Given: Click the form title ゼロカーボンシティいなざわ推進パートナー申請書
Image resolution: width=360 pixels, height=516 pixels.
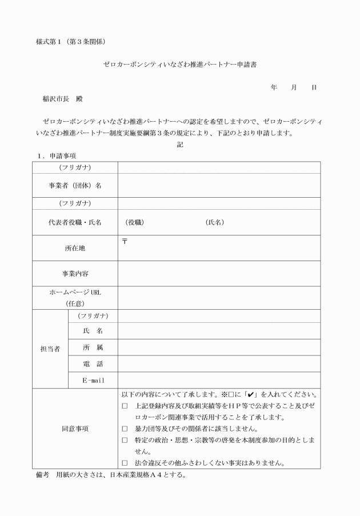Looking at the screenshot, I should click(179, 65).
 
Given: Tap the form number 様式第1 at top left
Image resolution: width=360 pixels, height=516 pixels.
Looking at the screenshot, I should click(51, 42).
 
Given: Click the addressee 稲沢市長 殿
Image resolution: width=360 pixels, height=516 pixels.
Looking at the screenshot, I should click(62, 98).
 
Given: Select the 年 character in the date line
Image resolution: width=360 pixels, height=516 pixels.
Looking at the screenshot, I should click(274, 87).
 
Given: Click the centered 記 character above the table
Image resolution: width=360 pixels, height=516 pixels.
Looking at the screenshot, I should click(180, 145).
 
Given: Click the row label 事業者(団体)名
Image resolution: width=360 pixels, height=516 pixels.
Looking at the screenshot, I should click(75, 185).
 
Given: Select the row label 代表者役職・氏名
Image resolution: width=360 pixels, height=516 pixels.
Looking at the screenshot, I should click(75, 222).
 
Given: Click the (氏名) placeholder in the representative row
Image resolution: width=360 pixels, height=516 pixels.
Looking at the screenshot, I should click(214, 222).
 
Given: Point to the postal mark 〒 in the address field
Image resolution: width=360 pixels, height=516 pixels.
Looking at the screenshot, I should click(125, 242).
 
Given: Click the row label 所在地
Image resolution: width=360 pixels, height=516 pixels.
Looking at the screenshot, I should click(75, 249).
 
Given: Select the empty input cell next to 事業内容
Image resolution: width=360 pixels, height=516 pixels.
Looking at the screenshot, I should click(219, 274).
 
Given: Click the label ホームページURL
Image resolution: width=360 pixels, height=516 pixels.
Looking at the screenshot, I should click(75, 292).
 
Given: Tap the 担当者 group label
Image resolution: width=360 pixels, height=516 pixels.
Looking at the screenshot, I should click(50, 349).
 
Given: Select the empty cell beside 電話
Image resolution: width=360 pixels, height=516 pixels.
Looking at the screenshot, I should click(219, 363).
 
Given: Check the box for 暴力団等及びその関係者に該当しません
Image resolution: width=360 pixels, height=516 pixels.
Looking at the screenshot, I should click(125, 429).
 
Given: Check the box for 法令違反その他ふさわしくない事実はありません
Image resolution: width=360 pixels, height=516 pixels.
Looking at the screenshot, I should click(125, 463).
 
